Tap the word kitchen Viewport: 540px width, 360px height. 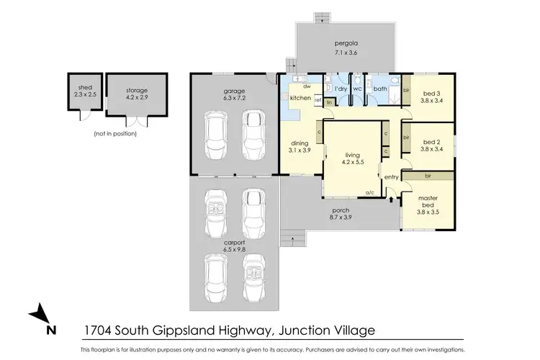[300, 97]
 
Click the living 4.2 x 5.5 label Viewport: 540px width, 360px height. [353, 158]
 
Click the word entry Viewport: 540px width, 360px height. [392, 177]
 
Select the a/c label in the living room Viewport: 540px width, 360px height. [370, 193]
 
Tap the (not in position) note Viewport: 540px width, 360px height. [114, 134]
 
